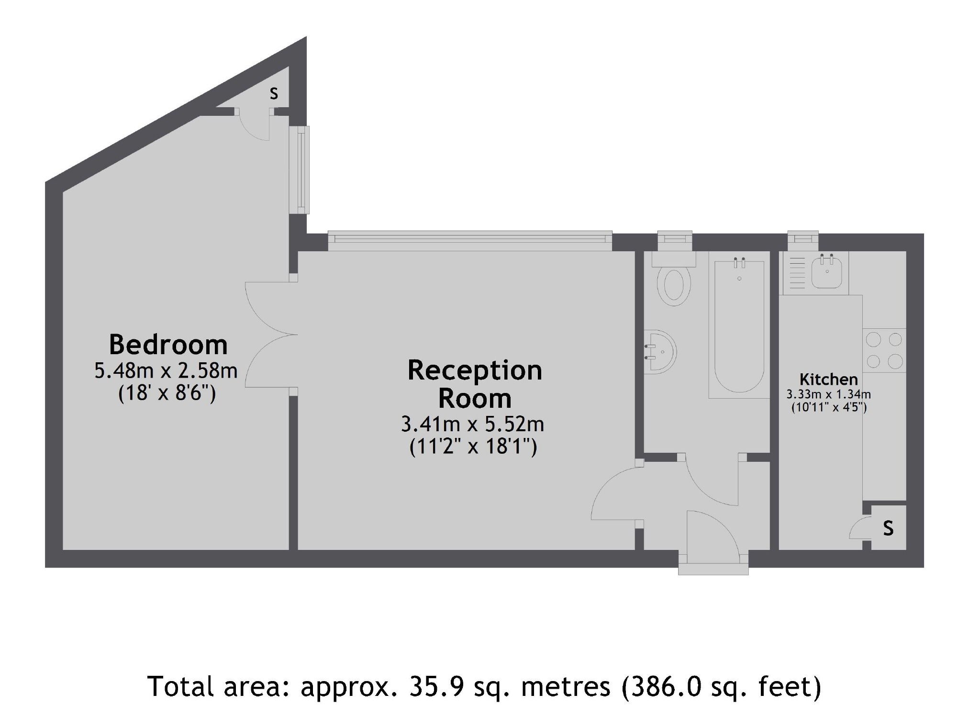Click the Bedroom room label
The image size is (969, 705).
(x=168, y=344)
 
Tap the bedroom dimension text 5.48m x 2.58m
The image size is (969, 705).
(x=166, y=370)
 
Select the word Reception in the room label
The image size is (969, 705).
(x=474, y=370)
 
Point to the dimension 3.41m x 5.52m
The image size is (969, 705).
(x=472, y=424)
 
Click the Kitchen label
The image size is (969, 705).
(x=828, y=380)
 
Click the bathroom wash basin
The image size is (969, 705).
(x=661, y=352)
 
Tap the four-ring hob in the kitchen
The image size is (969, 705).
(x=884, y=350)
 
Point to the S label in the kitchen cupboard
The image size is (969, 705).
(x=888, y=528)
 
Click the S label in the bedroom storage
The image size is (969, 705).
(x=274, y=93)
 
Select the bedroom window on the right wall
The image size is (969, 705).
(x=300, y=170)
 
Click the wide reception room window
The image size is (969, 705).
(x=469, y=241)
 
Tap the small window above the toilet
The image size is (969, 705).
(x=675, y=240)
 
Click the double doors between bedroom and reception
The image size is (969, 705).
(x=271, y=335)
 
